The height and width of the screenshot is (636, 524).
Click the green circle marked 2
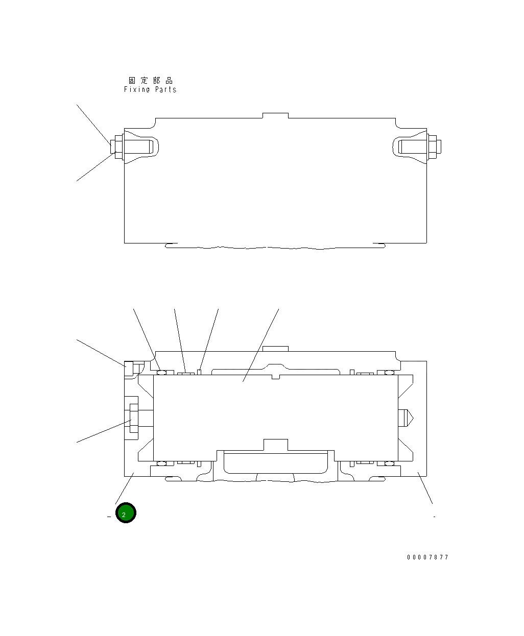(126, 513)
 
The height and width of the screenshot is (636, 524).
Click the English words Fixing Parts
(150, 89)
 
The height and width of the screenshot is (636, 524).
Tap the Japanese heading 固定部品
(150, 81)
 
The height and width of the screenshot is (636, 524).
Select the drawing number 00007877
(427, 557)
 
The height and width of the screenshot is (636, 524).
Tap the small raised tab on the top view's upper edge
(275, 115)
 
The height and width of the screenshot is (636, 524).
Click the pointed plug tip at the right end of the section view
(407, 419)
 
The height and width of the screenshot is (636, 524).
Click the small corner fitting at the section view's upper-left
(129, 368)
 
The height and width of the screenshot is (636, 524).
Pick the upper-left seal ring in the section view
(162, 372)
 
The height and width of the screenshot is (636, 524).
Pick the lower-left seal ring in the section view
(162, 463)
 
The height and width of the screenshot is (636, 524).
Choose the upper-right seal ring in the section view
(389, 372)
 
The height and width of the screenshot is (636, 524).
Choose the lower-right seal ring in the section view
(389, 463)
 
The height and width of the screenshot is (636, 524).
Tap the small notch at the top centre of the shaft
(275, 377)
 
